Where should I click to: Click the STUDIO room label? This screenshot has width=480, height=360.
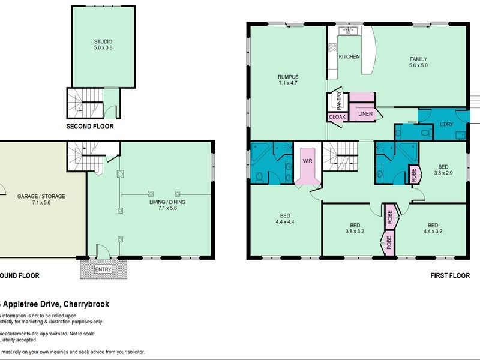(x=103, y=41)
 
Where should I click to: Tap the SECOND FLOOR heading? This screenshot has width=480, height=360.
(x=90, y=127)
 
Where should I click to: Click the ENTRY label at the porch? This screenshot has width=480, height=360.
(x=103, y=269)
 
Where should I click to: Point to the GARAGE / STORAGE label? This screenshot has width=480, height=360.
(x=41, y=196)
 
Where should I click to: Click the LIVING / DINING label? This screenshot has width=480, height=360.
(x=167, y=202)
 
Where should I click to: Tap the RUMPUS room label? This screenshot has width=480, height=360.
(x=288, y=77)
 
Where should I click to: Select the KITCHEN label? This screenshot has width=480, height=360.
(x=349, y=56)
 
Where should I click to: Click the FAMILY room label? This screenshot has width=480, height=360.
(x=418, y=59)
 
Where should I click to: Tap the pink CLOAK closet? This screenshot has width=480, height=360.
(x=337, y=118)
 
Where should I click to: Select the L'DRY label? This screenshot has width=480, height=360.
(x=445, y=124)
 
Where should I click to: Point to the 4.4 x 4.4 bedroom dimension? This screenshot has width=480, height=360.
(x=285, y=221)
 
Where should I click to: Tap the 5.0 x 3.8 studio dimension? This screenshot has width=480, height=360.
(x=103, y=48)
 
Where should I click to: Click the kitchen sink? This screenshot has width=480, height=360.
(x=347, y=30)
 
